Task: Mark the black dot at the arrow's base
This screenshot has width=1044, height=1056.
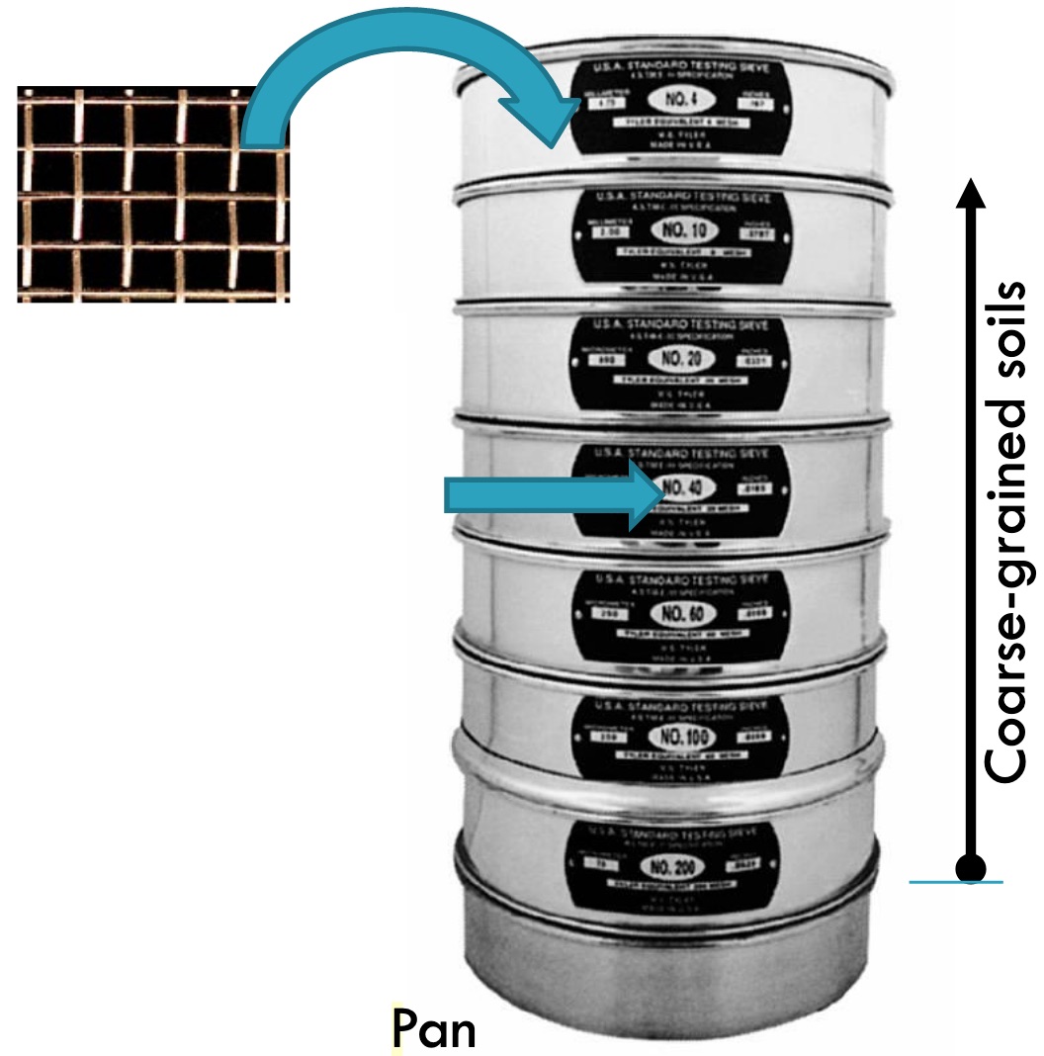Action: (x=972, y=868)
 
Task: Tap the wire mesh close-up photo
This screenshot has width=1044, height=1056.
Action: (x=153, y=193)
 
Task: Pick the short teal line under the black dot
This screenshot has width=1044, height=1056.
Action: (x=956, y=882)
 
